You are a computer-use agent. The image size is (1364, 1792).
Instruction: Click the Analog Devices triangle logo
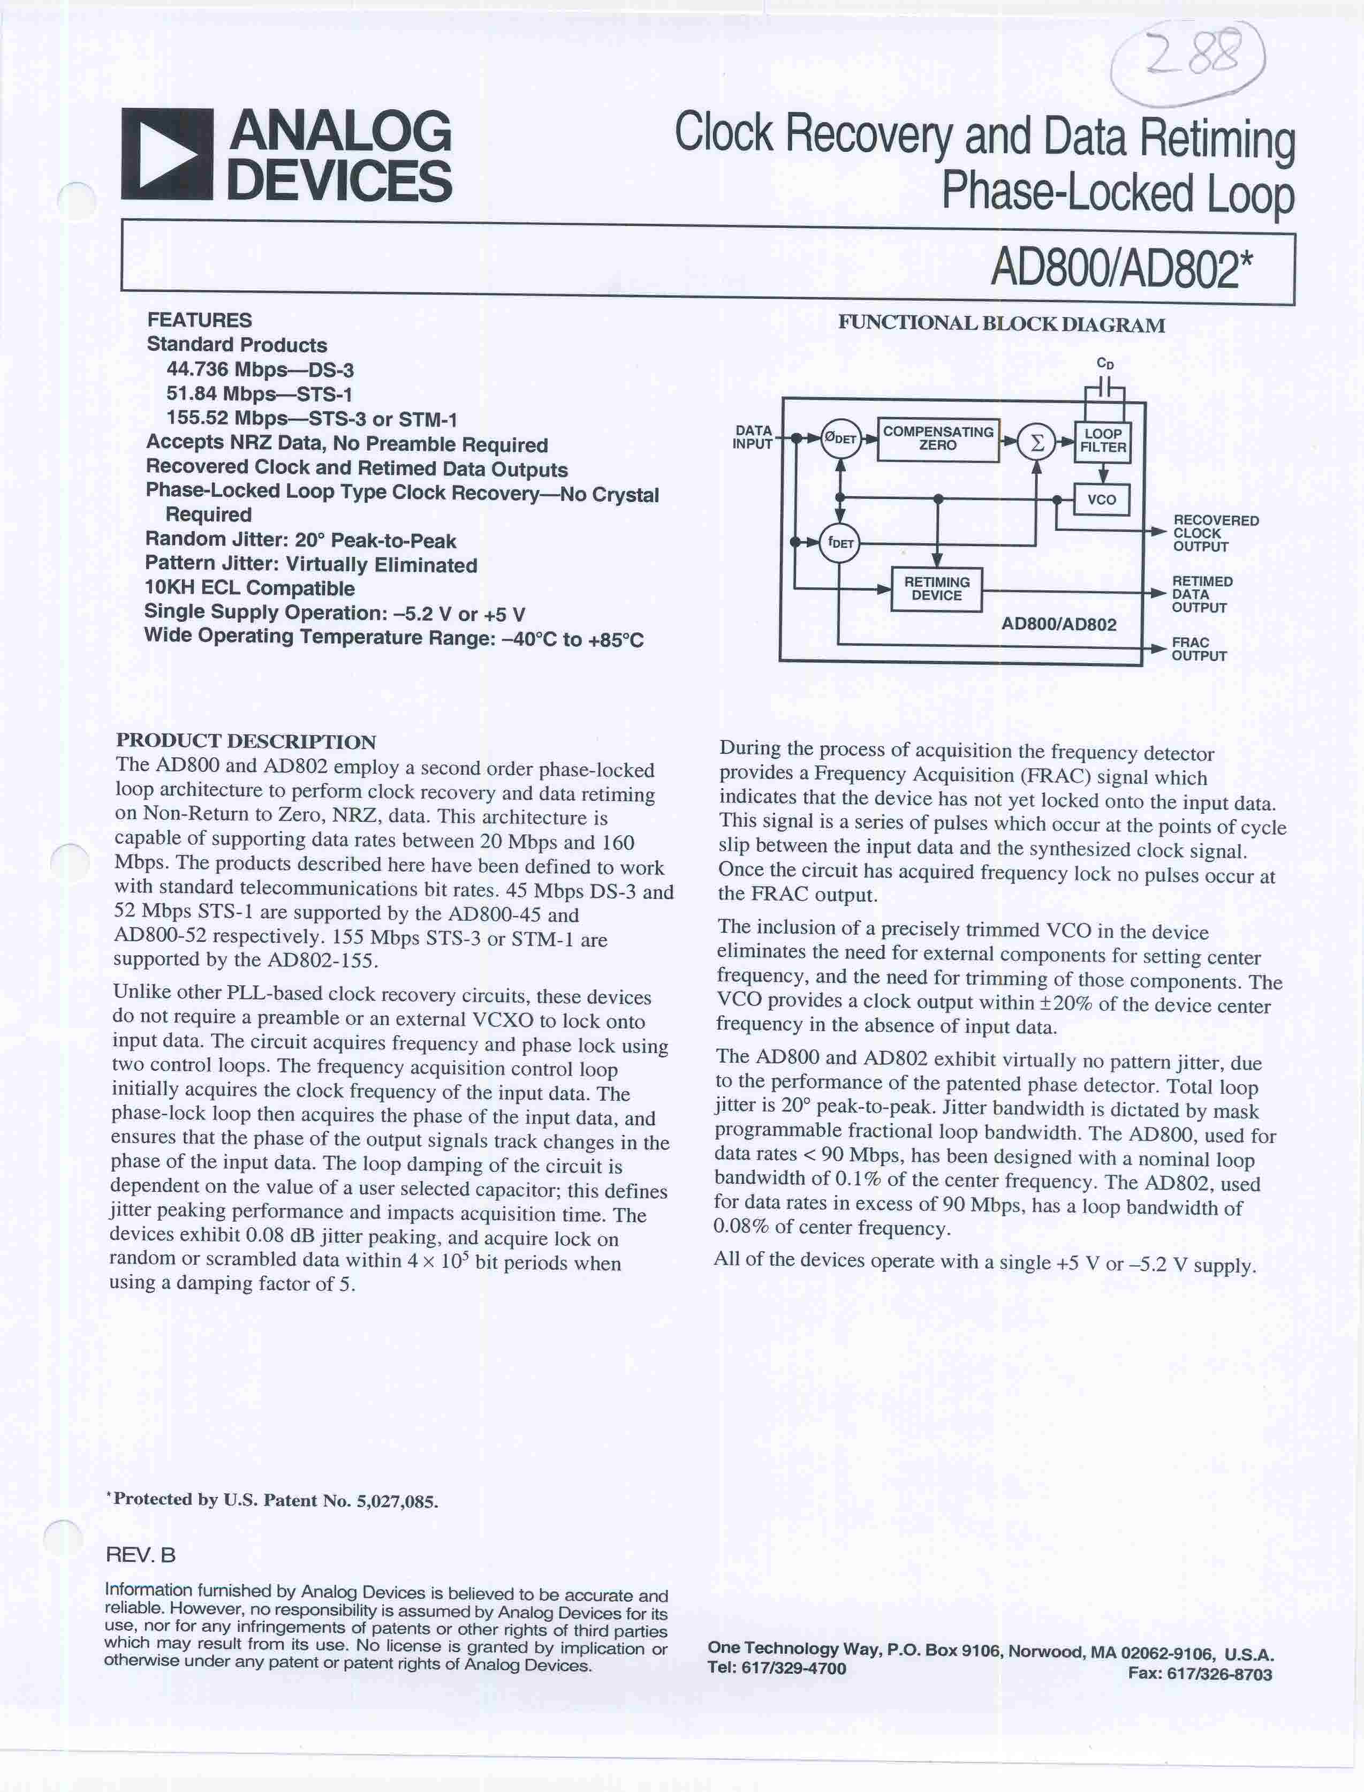pyautogui.click(x=166, y=154)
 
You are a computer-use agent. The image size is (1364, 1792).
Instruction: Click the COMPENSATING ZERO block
pyautogui.click(x=938, y=439)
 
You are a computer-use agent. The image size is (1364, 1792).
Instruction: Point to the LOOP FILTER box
pyautogui.click(x=1103, y=441)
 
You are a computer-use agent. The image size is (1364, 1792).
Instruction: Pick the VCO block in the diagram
pyautogui.click(x=1102, y=500)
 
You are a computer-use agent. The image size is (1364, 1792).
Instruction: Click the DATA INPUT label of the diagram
pyautogui.click(x=753, y=437)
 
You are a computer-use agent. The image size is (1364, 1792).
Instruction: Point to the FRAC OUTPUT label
pyautogui.click(x=1199, y=649)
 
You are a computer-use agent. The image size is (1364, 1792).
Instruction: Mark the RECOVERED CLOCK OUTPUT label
pyautogui.click(x=1215, y=533)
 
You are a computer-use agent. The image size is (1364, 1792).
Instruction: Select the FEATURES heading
pyautogui.click(x=200, y=320)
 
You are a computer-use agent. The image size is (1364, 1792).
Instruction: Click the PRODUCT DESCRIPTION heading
pyautogui.click(x=246, y=742)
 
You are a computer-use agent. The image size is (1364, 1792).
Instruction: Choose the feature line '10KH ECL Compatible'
pyautogui.click(x=249, y=588)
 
